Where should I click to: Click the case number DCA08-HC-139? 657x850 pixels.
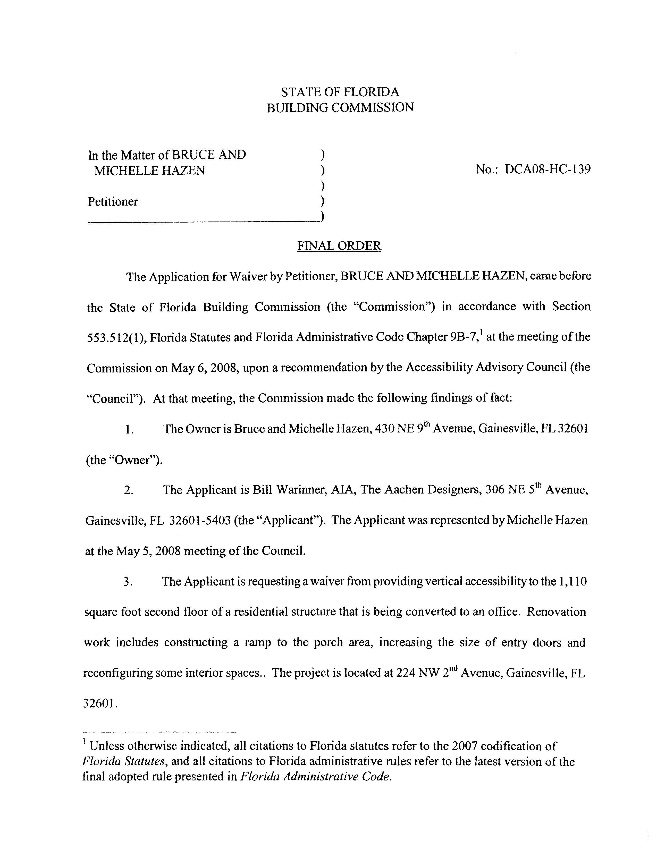(x=547, y=169)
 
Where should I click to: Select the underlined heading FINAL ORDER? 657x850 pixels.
(x=339, y=245)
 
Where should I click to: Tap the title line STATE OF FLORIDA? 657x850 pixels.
(x=340, y=92)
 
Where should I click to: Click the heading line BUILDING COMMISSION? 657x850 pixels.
(x=340, y=107)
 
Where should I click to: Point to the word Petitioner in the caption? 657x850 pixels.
(x=113, y=202)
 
